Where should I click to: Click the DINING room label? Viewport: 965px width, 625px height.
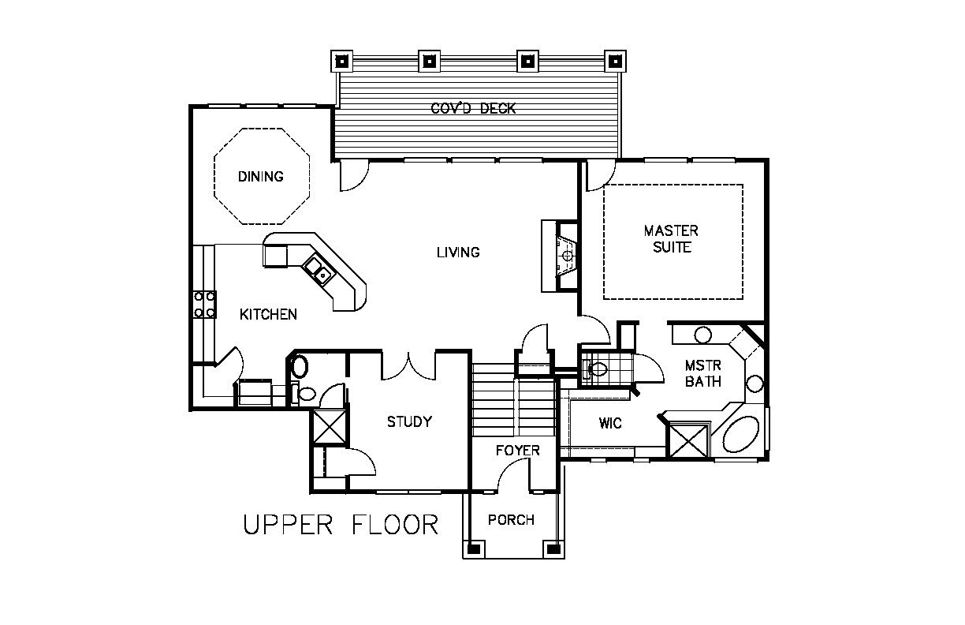point(261,177)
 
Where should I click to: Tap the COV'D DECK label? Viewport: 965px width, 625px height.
point(473,108)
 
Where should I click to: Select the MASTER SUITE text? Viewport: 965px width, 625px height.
point(671,239)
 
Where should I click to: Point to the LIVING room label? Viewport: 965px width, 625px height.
point(458,253)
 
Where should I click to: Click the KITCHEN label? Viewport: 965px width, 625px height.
point(268,314)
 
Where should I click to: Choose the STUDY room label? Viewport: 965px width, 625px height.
point(409,421)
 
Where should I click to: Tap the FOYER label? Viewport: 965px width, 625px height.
point(517,451)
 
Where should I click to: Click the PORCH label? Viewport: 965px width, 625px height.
point(511,520)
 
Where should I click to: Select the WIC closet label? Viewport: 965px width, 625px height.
point(610,423)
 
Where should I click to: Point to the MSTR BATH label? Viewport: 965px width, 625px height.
point(703,373)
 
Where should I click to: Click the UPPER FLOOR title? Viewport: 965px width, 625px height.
point(341,525)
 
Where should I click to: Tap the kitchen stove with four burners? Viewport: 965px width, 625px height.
point(205,305)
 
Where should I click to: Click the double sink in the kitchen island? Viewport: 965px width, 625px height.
point(318,270)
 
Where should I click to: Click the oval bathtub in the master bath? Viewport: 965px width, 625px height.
point(741,434)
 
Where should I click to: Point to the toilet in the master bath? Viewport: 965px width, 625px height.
point(595,369)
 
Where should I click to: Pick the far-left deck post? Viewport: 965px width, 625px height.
point(342,62)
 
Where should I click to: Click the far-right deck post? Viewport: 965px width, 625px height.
point(615,62)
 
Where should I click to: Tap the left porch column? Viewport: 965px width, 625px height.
point(474,549)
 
